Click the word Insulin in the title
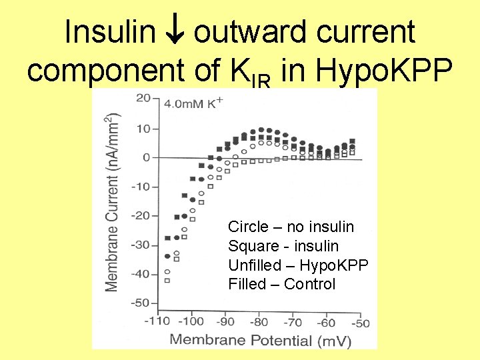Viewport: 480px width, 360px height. click(x=109, y=32)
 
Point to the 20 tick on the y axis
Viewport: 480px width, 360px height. click(x=143, y=99)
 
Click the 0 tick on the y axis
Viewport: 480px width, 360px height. click(x=146, y=158)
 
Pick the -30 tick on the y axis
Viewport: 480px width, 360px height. click(x=140, y=245)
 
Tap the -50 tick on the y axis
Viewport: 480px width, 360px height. click(x=140, y=303)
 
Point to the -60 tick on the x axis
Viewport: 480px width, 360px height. click(x=326, y=322)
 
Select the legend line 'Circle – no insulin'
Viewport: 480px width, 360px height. click(x=291, y=227)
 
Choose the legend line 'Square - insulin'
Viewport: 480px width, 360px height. click(x=283, y=246)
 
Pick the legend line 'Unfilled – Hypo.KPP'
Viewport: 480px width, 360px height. click(x=298, y=265)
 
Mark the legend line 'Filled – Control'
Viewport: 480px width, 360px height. click(x=282, y=285)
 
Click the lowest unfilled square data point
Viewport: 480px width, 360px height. click(x=167, y=280)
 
